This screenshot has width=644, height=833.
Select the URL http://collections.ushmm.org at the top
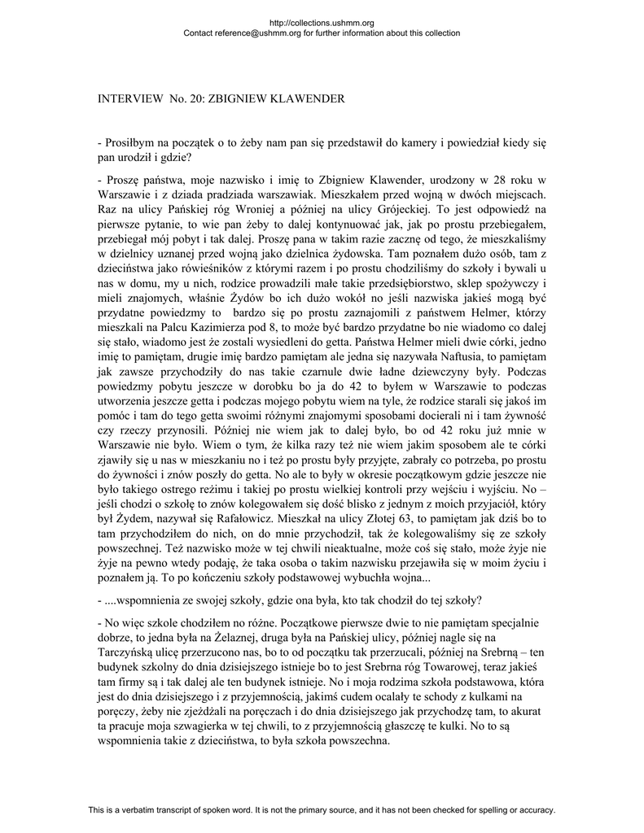pyautogui.click(x=322, y=23)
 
